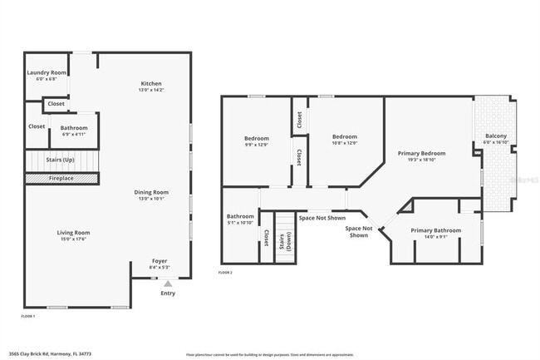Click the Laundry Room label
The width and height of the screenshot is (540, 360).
pyautogui.click(x=47, y=72)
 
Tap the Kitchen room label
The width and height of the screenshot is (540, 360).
pyautogui.click(x=150, y=84)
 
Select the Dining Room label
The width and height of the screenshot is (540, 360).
pyautogui.click(x=151, y=192)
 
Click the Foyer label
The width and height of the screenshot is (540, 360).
pyautogui.click(x=160, y=260)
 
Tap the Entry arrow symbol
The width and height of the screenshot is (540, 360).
pyautogui.click(x=168, y=284)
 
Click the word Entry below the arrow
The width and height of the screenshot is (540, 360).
pyautogui.click(x=168, y=293)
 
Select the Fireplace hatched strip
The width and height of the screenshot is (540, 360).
pyautogui.click(x=61, y=178)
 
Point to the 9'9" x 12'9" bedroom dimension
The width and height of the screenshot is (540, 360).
pyautogui.click(x=256, y=144)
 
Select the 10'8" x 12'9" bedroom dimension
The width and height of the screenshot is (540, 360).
pyautogui.click(x=344, y=144)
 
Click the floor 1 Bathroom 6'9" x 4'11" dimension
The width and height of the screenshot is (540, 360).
pyautogui.click(x=74, y=134)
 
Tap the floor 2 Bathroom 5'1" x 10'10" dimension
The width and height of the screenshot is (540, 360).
pyautogui.click(x=240, y=223)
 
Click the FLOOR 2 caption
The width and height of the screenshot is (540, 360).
pyautogui.click(x=225, y=272)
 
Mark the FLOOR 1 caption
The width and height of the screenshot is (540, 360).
pyautogui.click(x=28, y=316)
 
